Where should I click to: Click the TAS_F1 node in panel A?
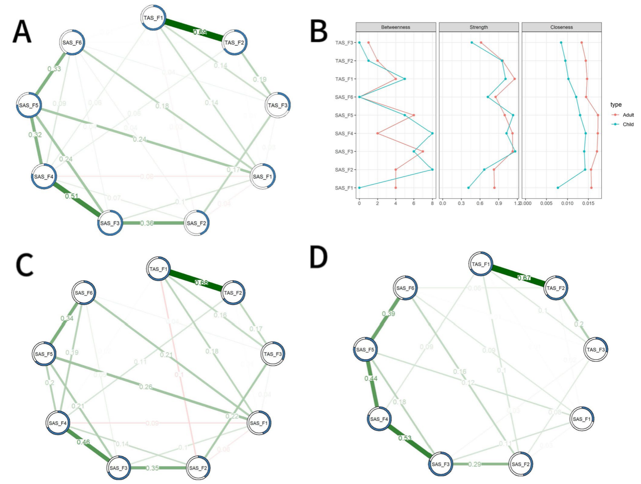click(153, 18)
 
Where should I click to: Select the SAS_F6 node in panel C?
click(84, 293)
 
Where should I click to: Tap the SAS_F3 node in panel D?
click(441, 464)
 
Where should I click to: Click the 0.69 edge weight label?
click(200, 32)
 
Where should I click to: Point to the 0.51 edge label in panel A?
click(72, 196)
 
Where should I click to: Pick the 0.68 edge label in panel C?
click(201, 283)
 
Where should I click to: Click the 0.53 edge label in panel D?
click(405, 438)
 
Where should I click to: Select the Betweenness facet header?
click(396, 27)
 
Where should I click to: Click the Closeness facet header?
click(562, 27)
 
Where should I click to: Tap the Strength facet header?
click(479, 27)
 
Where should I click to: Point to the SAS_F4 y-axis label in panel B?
click(344, 133)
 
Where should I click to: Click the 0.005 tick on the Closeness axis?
click(546, 203)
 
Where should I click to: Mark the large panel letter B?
click(319, 31)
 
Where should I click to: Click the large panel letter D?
click(319, 258)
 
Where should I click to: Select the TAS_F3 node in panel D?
click(596, 350)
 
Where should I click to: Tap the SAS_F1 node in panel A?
click(263, 177)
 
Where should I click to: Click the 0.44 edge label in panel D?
click(371, 379)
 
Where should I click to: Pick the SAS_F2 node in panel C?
click(198, 468)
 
